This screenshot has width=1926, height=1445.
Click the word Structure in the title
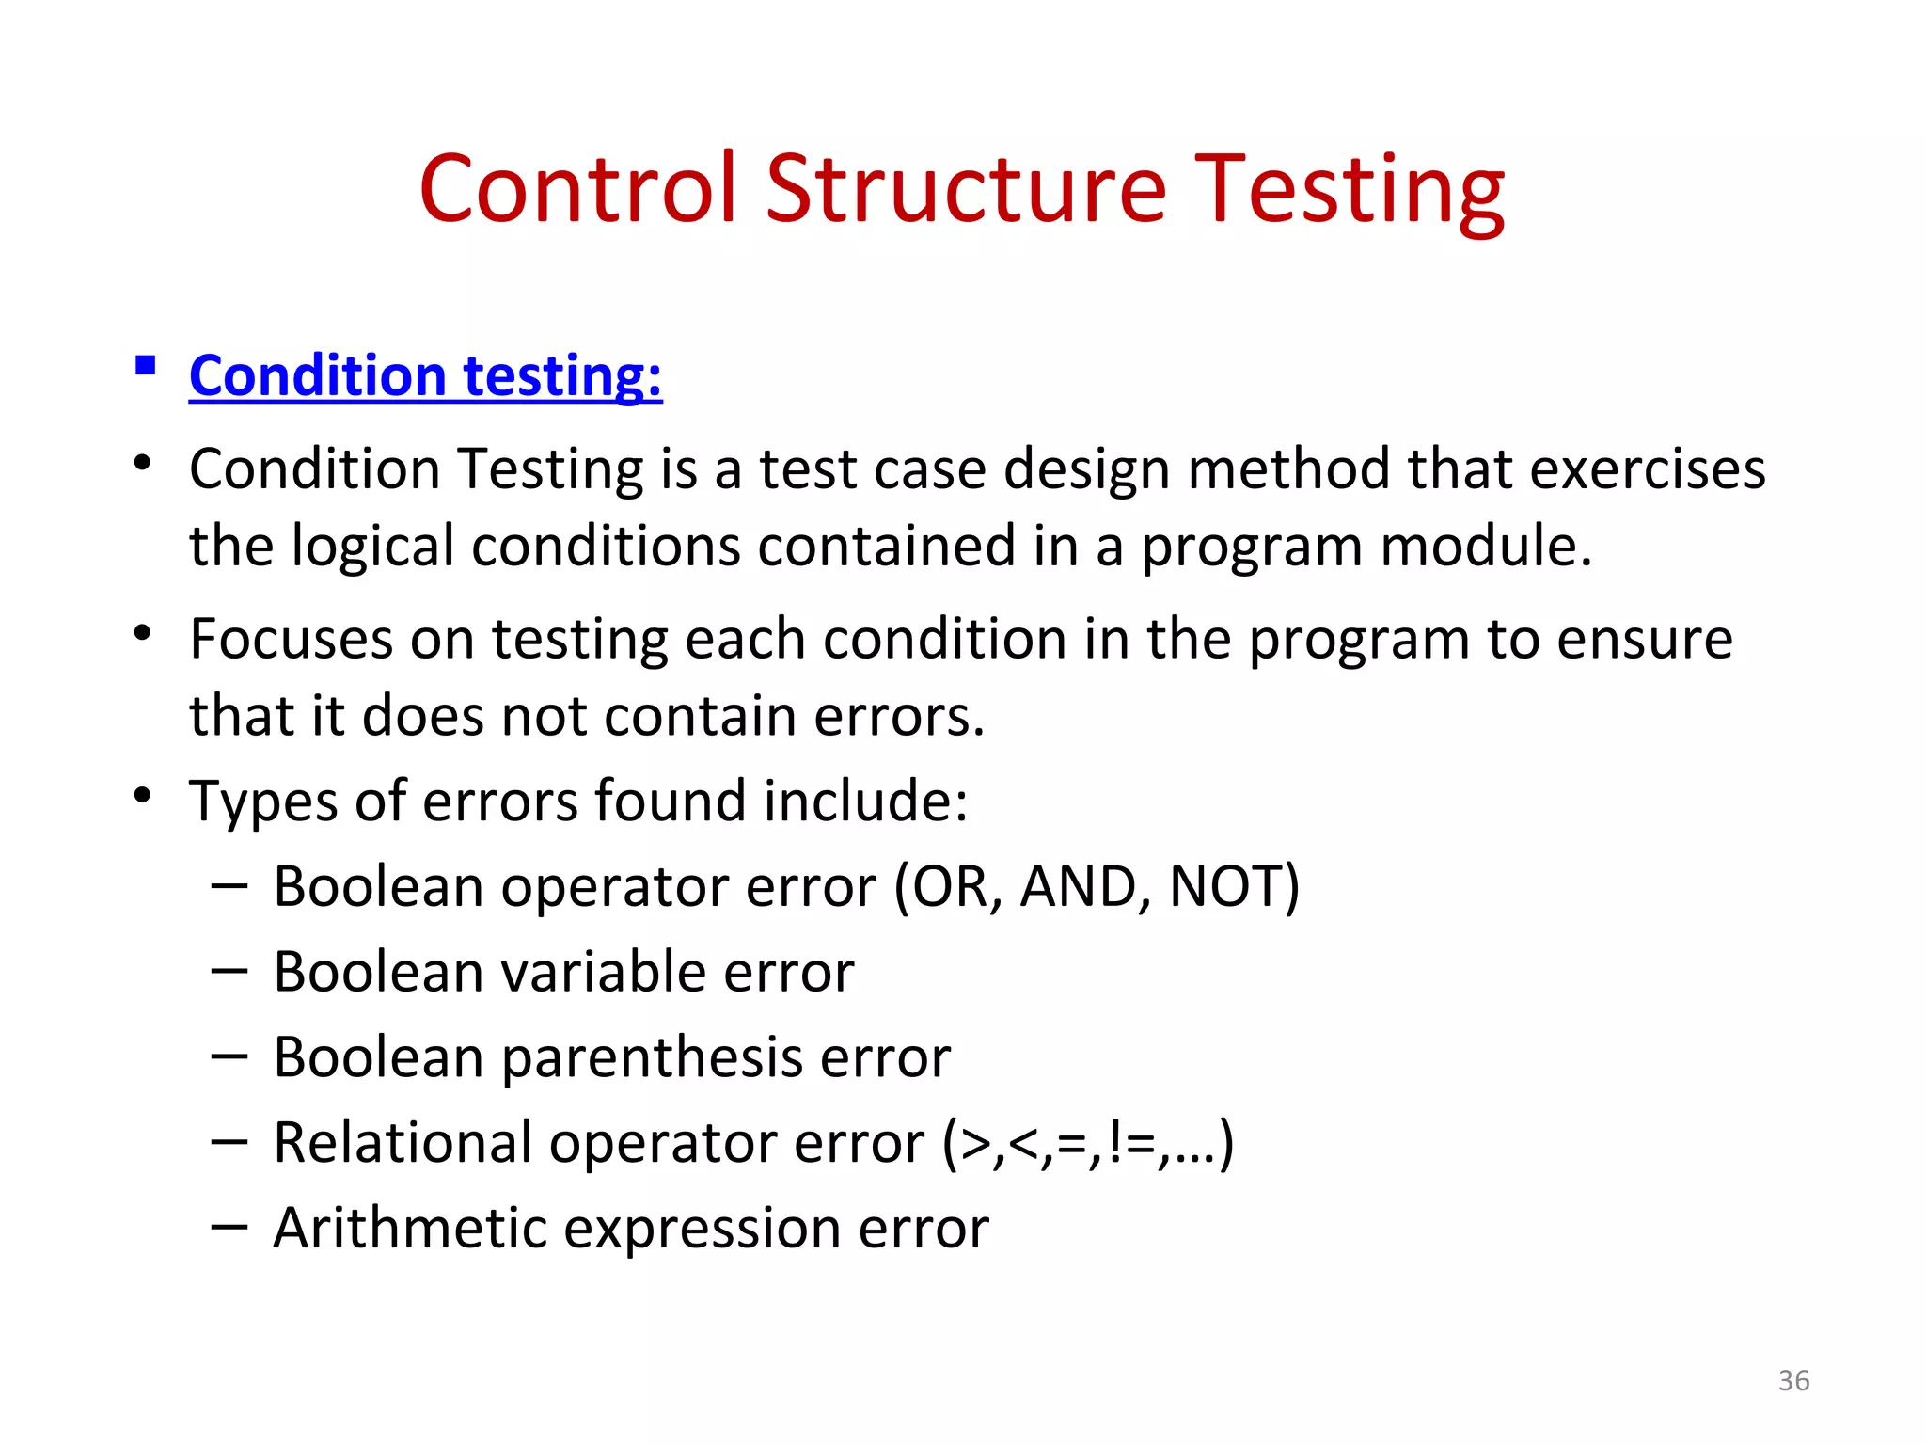(x=966, y=191)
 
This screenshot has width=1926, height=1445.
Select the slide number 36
(x=1793, y=1380)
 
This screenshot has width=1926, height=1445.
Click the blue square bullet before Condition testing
(x=145, y=365)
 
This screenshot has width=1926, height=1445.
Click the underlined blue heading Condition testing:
(x=425, y=376)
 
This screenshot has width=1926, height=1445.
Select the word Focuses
(x=291, y=640)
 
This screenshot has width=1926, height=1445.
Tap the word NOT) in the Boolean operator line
(x=1234, y=887)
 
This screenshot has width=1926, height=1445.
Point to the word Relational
(x=402, y=1143)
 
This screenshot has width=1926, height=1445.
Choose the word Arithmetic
(x=410, y=1229)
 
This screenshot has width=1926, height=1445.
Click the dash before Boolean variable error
(x=229, y=969)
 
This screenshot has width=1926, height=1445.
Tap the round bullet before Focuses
(x=142, y=633)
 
